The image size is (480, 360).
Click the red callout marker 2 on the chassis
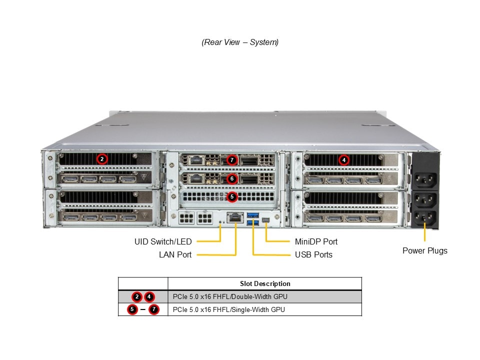pyautogui.click(x=102, y=159)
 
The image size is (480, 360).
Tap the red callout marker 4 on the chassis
pyautogui.click(x=343, y=160)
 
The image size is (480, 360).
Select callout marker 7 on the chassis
pyautogui.click(x=231, y=160)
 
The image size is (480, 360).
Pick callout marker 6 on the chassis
pyautogui.click(x=231, y=178)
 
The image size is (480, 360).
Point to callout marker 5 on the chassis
pyautogui.click(x=231, y=197)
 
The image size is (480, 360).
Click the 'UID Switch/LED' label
pyautogui.click(x=163, y=241)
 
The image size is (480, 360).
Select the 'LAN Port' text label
pyautogui.click(x=175, y=254)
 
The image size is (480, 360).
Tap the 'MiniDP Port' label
pyautogui.click(x=316, y=241)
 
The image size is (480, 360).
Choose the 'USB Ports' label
pyautogui.click(x=313, y=254)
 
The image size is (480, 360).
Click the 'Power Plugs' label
pyautogui.click(x=424, y=250)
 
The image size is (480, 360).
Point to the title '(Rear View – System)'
pyautogui.click(x=240, y=42)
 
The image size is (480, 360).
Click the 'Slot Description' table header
pyautogui.click(x=264, y=283)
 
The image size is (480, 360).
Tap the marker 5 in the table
pyautogui.click(x=132, y=309)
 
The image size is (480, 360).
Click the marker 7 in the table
pyautogui.click(x=154, y=309)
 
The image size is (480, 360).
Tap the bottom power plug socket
pyautogui.click(x=424, y=217)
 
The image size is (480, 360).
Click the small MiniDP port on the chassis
pyautogui.click(x=266, y=220)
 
